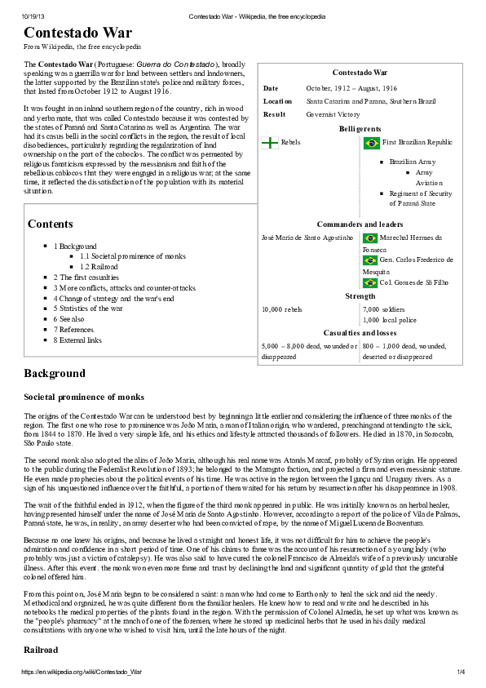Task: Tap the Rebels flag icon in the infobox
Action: (x=270, y=143)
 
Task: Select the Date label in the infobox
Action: (x=271, y=88)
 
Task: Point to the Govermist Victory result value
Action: (x=334, y=114)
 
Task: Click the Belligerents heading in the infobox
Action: (x=360, y=129)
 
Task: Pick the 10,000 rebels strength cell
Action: (x=281, y=309)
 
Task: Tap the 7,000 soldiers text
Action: (x=382, y=309)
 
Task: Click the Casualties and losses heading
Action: (x=360, y=333)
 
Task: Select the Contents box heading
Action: (x=50, y=224)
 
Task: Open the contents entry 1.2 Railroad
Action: (x=99, y=267)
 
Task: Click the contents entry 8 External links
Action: (x=77, y=340)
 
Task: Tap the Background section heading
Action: (x=54, y=374)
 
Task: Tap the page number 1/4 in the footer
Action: (x=460, y=672)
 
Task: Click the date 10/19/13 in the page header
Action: (x=33, y=16)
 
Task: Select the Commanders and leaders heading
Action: (x=360, y=224)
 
